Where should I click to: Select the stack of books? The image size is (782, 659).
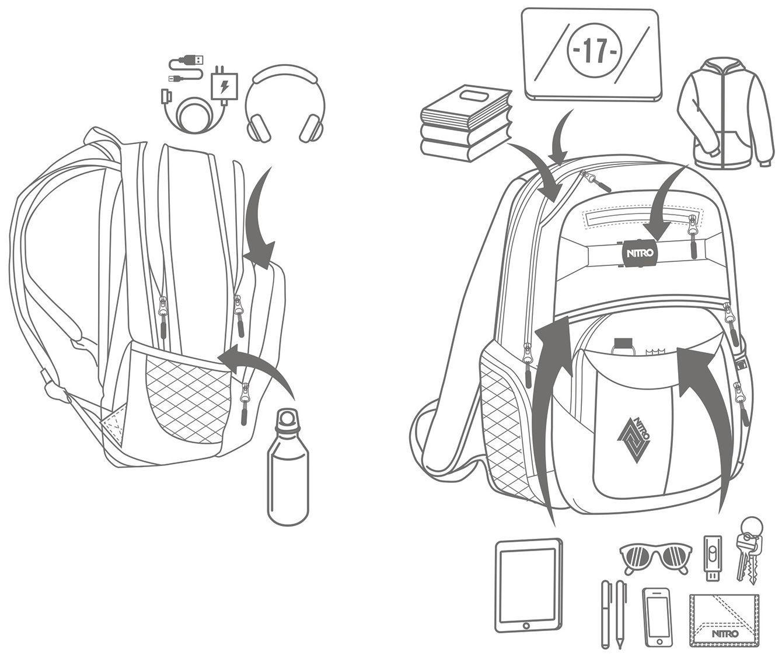click(466, 124)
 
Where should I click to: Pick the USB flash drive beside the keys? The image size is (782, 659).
click(711, 558)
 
